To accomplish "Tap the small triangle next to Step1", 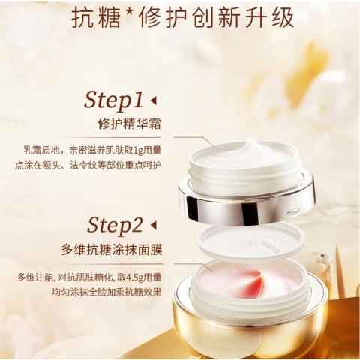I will click(x=153, y=100).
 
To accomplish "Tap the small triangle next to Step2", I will click(x=154, y=224).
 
